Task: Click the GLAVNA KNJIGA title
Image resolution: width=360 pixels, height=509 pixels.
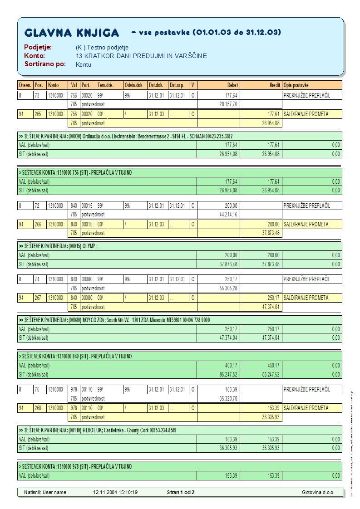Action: coord(72,33)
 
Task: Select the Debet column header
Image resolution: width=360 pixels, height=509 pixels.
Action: coord(232,85)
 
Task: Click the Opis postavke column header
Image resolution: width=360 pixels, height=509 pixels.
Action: coord(296,85)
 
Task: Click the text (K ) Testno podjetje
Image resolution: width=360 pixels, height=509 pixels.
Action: coord(102,47)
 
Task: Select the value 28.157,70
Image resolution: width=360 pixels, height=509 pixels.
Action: coord(228,104)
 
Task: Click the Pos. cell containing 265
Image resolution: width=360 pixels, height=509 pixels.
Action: coord(39,114)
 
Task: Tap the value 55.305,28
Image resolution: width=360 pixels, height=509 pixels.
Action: coord(228,288)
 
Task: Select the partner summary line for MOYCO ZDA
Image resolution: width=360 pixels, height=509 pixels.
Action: coord(113,320)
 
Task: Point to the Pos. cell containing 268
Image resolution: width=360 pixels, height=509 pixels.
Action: coord(39,408)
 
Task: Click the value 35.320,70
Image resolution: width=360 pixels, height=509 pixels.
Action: coord(228,398)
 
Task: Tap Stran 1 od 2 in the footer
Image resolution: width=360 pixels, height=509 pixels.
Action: coord(181,492)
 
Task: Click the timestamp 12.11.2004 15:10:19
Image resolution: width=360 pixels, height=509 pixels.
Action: coord(115,492)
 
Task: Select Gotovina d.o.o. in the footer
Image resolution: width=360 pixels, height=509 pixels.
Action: coord(318,492)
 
